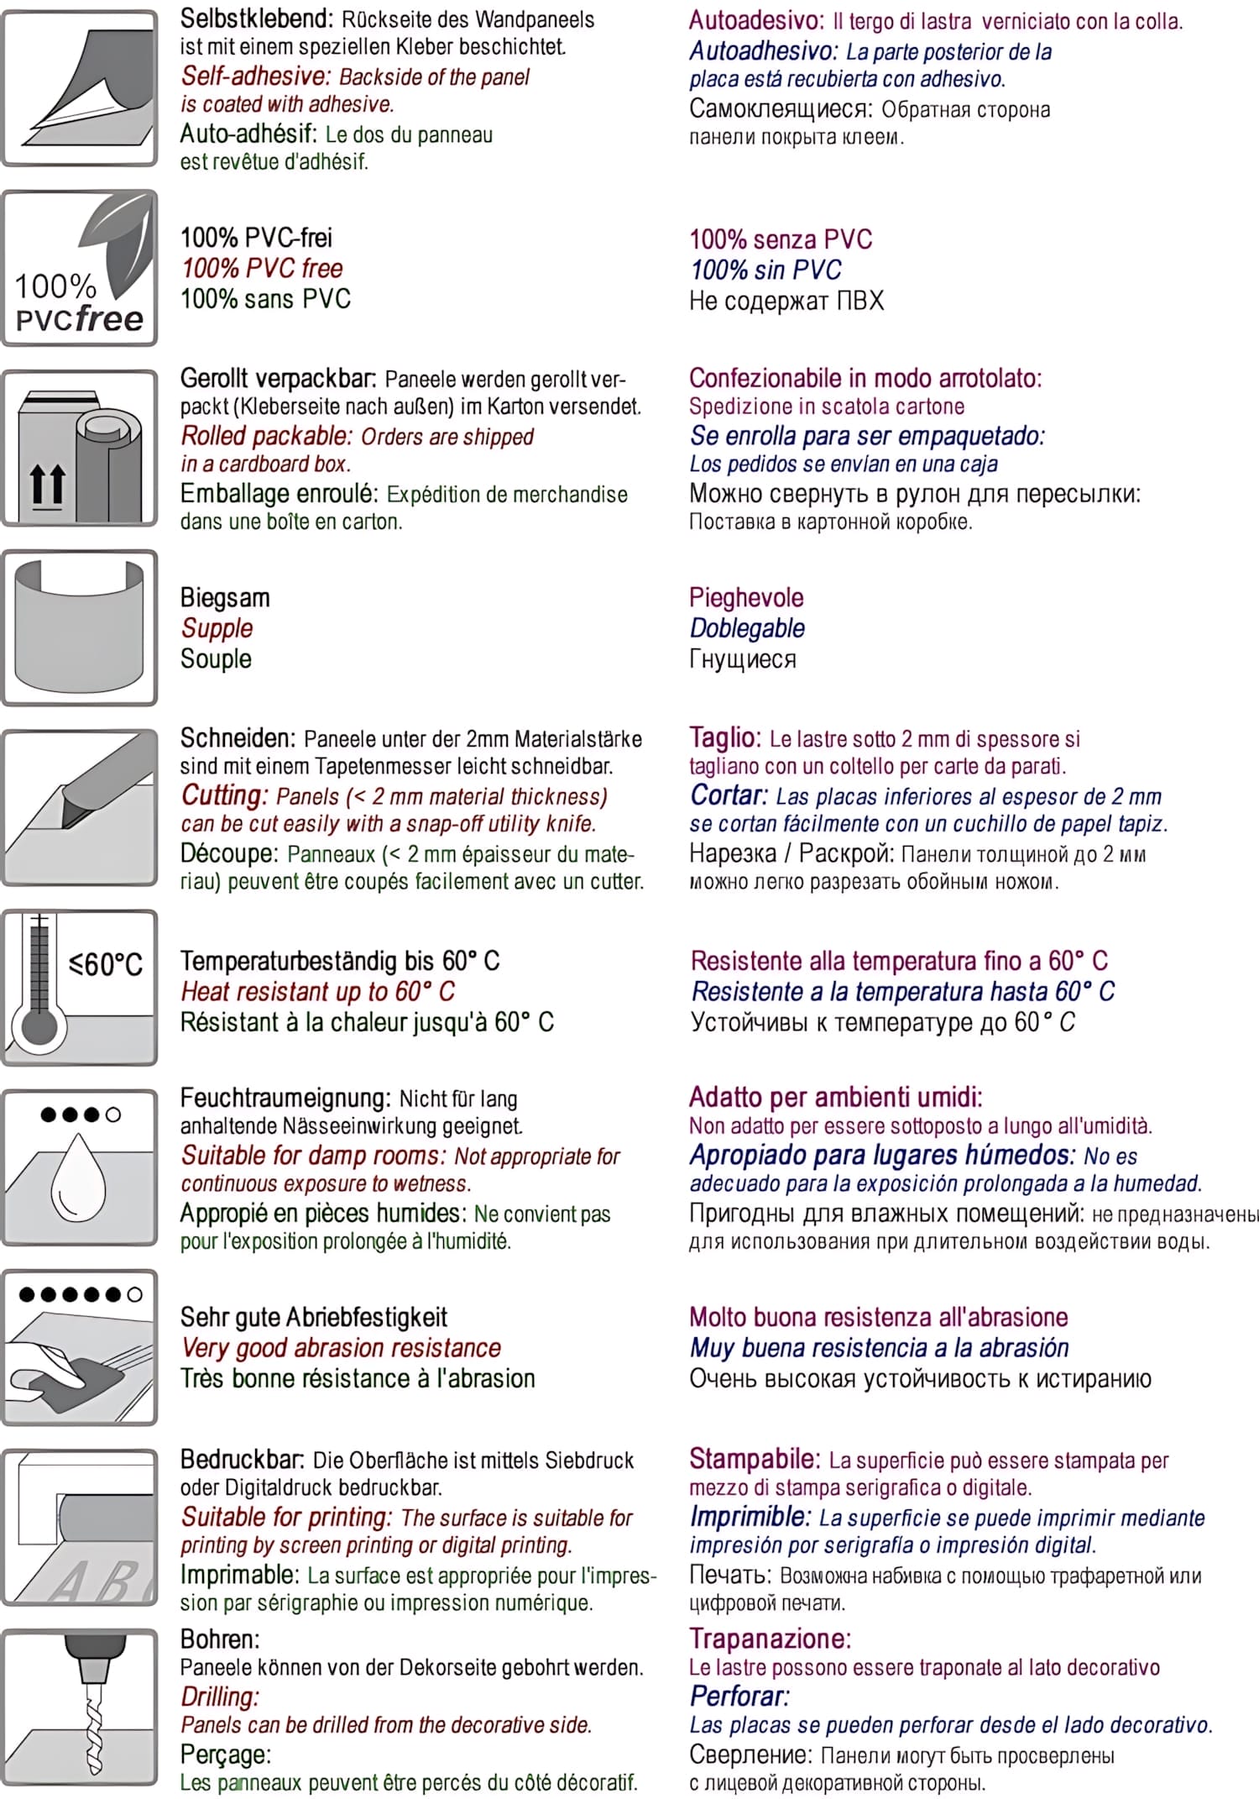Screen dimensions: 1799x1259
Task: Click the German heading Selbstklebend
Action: click(x=256, y=19)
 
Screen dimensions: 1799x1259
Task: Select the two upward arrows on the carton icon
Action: click(x=47, y=485)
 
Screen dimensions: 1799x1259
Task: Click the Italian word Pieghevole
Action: click(x=746, y=598)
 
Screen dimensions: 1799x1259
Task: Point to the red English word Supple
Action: click(x=217, y=628)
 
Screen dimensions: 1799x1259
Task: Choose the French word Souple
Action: click(x=216, y=659)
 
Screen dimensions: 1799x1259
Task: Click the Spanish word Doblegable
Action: click(x=747, y=628)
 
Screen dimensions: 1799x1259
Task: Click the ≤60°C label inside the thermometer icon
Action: click(x=106, y=964)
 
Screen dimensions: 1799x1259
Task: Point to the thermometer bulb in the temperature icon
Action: click(x=39, y=1027)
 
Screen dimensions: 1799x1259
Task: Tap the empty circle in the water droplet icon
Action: click(x=113, y=1115)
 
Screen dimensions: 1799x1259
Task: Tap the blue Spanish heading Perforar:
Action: click(x=739, y=1697)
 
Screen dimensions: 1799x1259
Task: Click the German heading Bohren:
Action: click(x=220, y=1639)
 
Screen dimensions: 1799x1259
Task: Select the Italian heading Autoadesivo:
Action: click(x=757, y=20)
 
